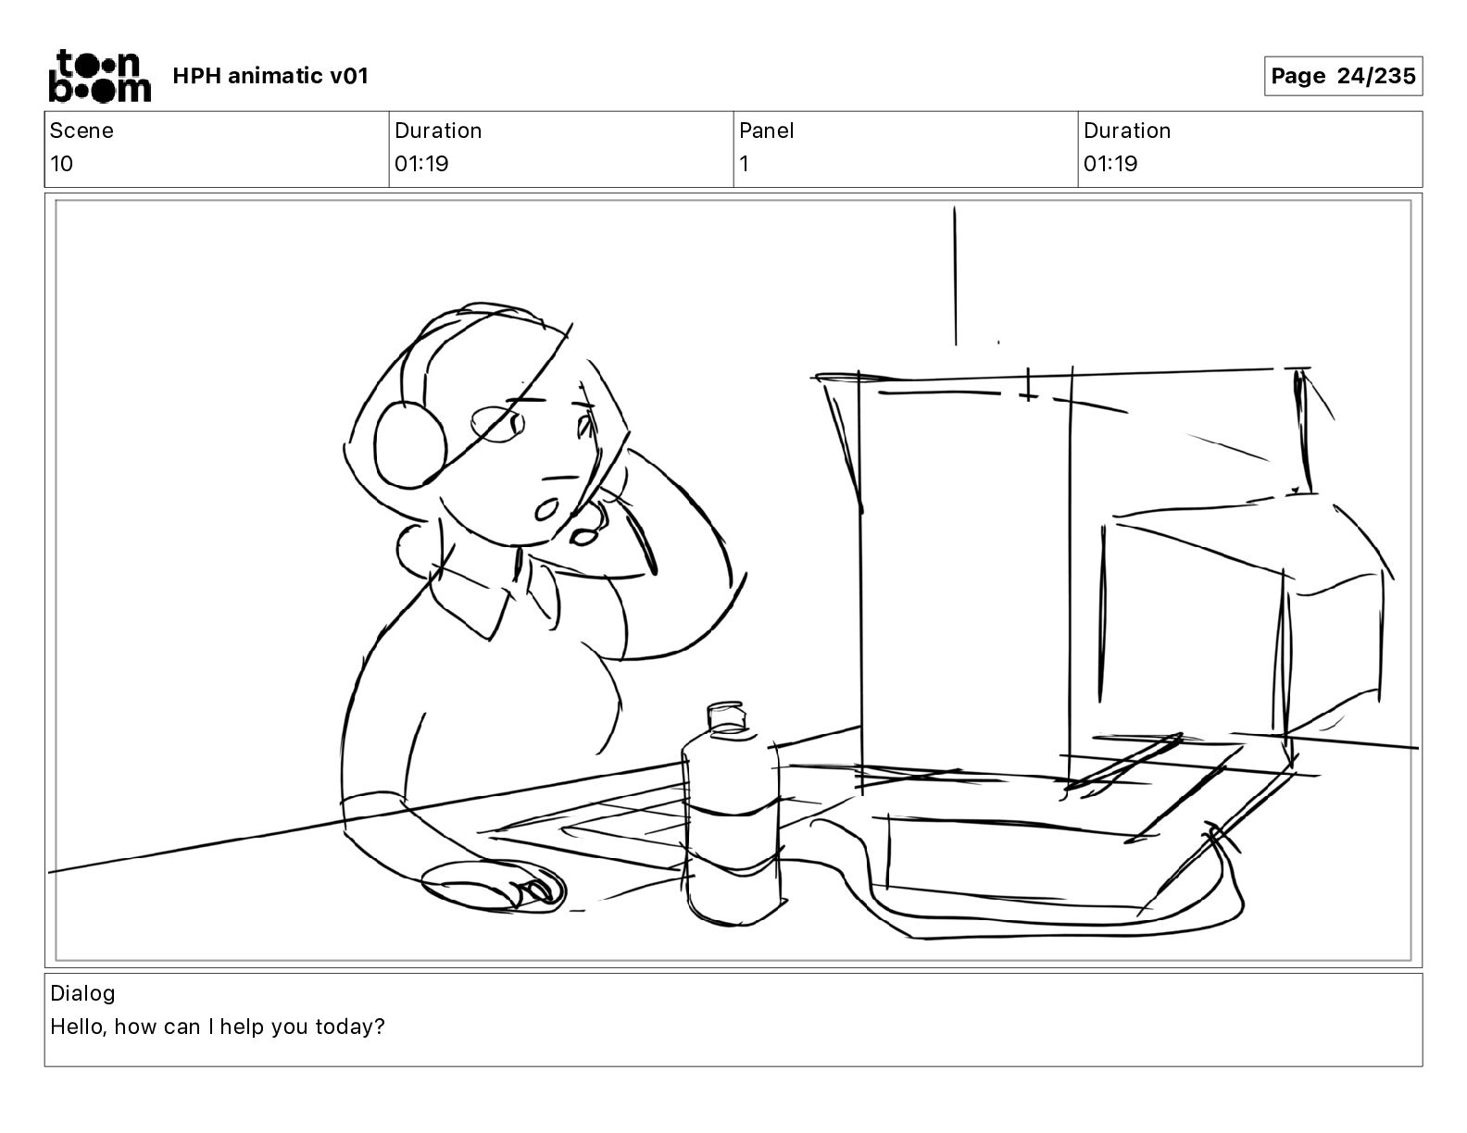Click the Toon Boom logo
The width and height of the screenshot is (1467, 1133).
(100, 76)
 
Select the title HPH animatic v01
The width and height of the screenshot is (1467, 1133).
(270, 76)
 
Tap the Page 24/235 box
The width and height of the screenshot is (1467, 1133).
(1343, 76)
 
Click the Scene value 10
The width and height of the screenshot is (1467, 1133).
(61, 164)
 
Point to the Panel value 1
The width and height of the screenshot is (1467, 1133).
(744, 164)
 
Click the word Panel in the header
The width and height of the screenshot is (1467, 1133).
(766, 131)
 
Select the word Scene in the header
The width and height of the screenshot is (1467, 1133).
(81, 131)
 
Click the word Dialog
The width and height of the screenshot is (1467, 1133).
(82, 993)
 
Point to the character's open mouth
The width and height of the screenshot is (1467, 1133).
(546, 509)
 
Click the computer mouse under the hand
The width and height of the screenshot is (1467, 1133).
(493, 887)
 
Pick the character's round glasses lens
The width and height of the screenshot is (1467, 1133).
(497, 424)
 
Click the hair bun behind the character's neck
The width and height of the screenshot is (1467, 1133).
(415, 549)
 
